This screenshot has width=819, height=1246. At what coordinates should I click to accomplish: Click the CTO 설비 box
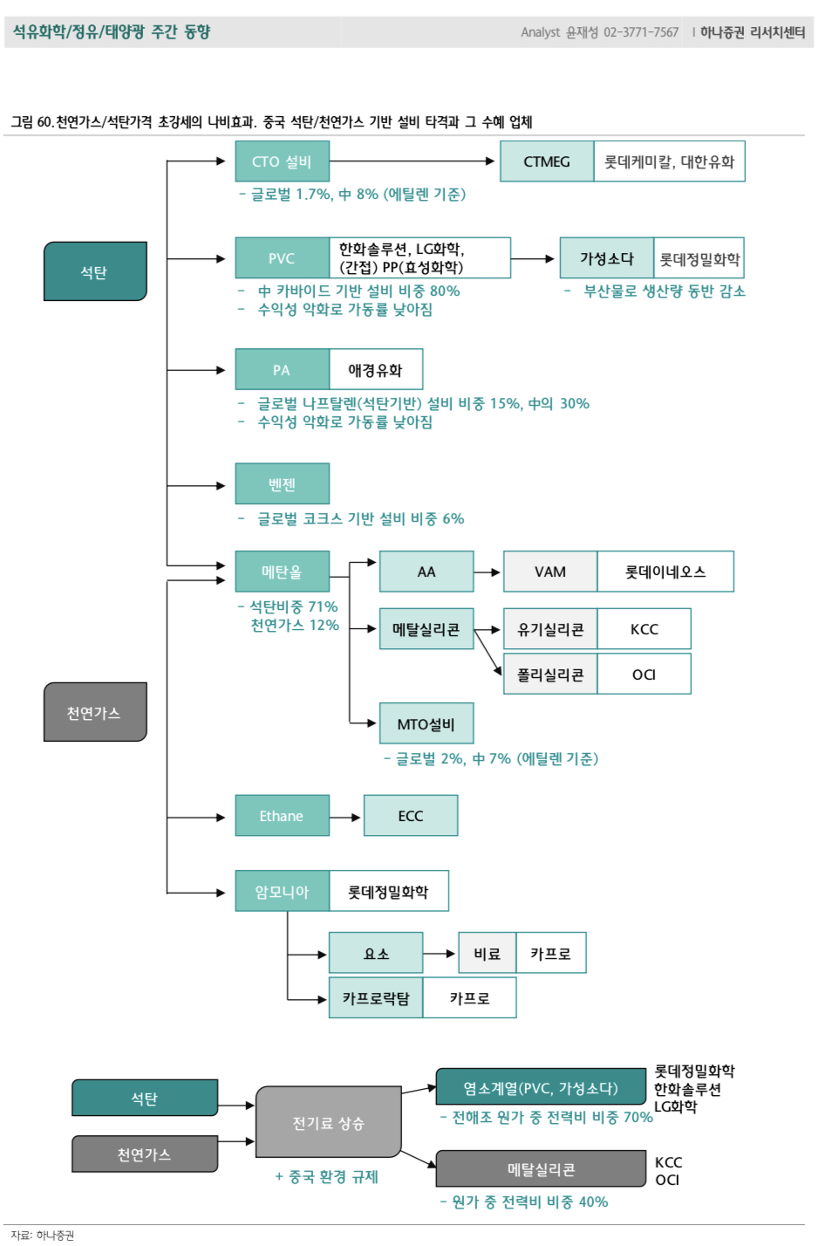282,161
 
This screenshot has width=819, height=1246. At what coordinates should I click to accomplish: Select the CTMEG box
547,161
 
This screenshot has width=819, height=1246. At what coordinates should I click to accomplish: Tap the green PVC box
282,258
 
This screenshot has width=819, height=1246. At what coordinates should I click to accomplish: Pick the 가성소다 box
606,258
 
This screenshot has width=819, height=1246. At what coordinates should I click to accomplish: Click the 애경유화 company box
376,370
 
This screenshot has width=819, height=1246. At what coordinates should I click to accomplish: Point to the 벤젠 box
282,484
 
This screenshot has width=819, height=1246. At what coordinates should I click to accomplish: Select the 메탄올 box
282,572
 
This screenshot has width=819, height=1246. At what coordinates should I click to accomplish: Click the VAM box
550,572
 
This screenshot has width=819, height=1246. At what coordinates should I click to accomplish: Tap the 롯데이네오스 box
665,572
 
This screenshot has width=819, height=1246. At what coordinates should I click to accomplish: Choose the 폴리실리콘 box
550,674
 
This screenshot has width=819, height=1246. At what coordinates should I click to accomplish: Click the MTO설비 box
427,724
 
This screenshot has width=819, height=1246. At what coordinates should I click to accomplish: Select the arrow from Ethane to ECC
345,817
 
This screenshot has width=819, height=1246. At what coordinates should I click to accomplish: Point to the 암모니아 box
282,892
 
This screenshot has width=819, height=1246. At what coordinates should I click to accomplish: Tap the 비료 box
488,954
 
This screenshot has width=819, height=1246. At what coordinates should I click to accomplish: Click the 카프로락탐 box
376,998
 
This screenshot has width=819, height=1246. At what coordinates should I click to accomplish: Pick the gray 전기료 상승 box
328,1123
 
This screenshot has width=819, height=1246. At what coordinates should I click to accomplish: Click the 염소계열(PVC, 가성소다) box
541,1088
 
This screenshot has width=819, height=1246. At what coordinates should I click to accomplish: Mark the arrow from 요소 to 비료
440,954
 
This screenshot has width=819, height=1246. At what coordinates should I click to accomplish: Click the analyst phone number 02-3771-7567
641,32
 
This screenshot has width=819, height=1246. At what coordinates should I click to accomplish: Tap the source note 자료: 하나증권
43,1236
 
